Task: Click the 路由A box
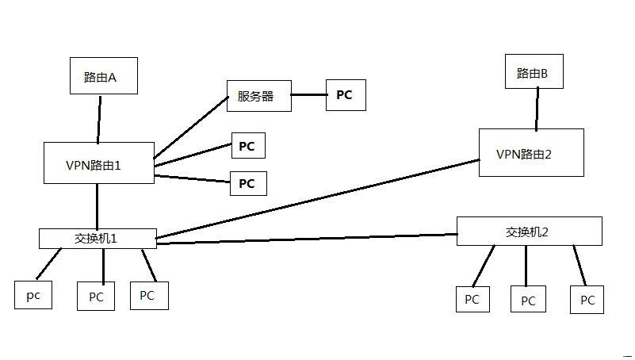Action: click(100, 77)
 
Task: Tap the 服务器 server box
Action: click(258, 96)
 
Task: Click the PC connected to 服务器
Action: click(346, 95)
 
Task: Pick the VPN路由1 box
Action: click(98, 163)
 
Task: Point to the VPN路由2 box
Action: click(530, 153)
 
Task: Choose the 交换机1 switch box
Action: click(98, 238)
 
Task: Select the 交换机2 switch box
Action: click(529, 232)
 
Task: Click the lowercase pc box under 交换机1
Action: click(33, 295)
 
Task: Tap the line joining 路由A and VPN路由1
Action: click(99, 119)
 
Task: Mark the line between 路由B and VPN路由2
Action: click(537, 109)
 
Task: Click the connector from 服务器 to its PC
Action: click(308, 96)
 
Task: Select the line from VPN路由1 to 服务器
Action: click(190, 128)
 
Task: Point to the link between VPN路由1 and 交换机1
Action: click(98, 206)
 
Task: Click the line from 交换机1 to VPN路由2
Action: click(317, 198)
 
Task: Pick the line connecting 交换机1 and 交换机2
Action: click(308, 239)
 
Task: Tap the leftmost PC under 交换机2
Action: click(472, 300)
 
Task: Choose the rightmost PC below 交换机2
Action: click(587, 300)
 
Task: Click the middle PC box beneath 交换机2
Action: click(528, 301)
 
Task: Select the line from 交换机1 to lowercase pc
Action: click(49, 264)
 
